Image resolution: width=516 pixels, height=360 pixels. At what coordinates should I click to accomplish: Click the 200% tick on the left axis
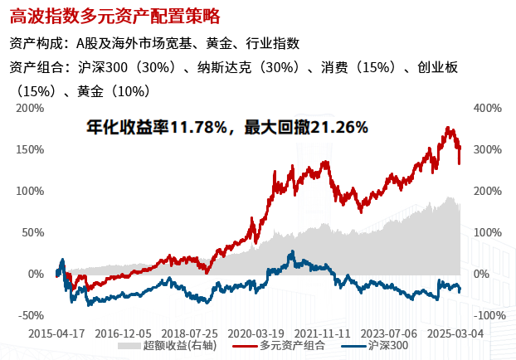click(x=29, y=108)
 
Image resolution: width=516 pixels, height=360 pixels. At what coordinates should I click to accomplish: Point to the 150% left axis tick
click(x=29, y=149)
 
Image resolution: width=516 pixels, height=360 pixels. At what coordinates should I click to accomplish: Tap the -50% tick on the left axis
click(x=29, y=315)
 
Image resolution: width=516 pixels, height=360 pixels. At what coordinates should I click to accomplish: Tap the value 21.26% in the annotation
click(x=337, y=128)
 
